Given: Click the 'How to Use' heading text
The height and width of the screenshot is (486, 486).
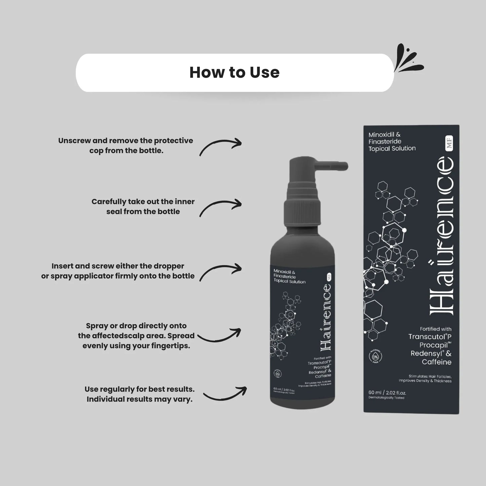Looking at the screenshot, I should point(234,73).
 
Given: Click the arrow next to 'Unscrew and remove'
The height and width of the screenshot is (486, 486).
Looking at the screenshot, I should point(221,147).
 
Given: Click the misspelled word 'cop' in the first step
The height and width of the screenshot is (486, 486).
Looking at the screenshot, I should point(96,151).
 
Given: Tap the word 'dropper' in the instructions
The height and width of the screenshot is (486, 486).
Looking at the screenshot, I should point(169,266).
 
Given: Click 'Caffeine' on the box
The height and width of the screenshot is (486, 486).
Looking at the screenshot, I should point(437,362).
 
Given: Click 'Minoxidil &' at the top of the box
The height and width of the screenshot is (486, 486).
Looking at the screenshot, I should point(384,135).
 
